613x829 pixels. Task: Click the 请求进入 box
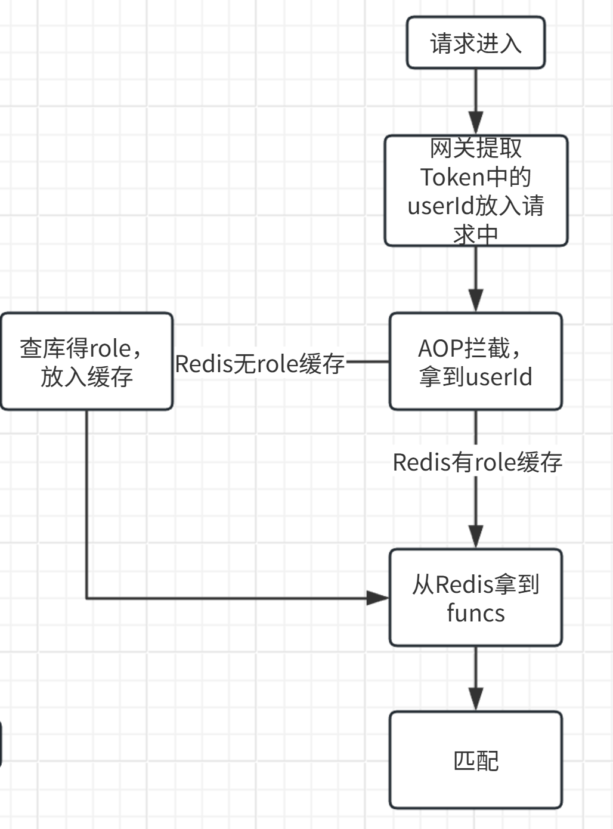pos(475,43)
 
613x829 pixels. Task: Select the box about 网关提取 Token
pos(475,191)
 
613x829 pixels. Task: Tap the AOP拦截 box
pos(475,361)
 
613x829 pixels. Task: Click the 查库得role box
pos(86,361)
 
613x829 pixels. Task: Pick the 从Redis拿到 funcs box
pos(475,598)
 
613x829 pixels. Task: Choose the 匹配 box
pos(475,760)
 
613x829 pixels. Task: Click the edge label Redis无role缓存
pos(260,363)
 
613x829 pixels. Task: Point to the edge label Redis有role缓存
pos(477,462)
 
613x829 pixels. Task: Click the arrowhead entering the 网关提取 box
pos(475,123)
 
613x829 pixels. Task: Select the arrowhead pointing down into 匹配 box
pos(475,699)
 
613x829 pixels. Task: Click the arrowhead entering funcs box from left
pos(377,598)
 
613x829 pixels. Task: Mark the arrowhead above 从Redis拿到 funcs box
pos(475,536)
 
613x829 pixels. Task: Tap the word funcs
pos(475,613)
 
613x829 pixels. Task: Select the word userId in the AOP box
pos(499,377)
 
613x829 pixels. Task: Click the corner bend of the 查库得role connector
pos(87,598)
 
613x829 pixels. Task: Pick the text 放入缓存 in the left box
pos(86,377)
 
